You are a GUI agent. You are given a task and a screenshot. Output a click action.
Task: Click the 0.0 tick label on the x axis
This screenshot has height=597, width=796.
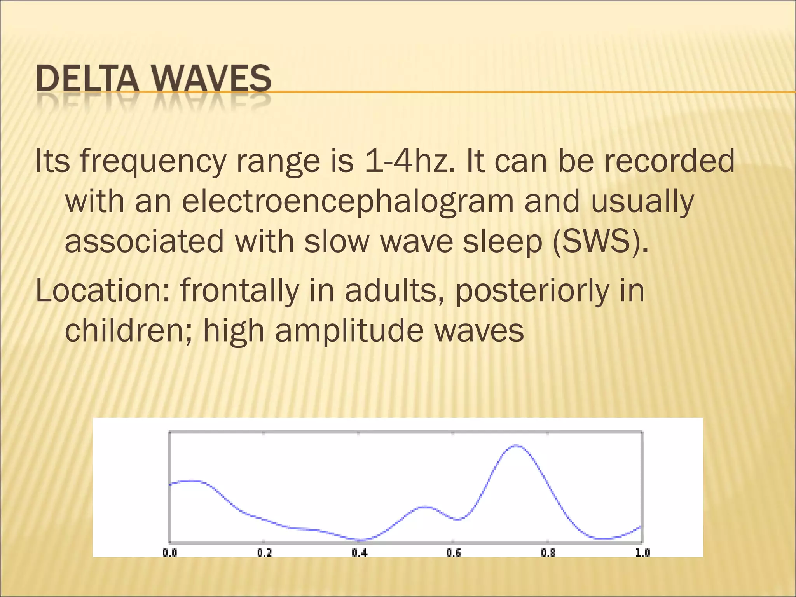pos(170,553)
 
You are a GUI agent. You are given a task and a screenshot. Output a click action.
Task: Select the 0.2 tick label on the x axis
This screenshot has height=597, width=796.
pos(264,553)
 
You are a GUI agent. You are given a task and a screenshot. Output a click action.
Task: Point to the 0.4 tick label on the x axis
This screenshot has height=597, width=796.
pos(360,553)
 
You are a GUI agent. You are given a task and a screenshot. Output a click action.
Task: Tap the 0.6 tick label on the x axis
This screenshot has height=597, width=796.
pos(454,553)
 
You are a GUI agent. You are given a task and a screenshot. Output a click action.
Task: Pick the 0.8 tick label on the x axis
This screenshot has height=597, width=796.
pos(548,553)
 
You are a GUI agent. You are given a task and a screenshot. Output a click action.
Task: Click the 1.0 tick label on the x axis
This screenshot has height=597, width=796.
pos(642,553)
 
